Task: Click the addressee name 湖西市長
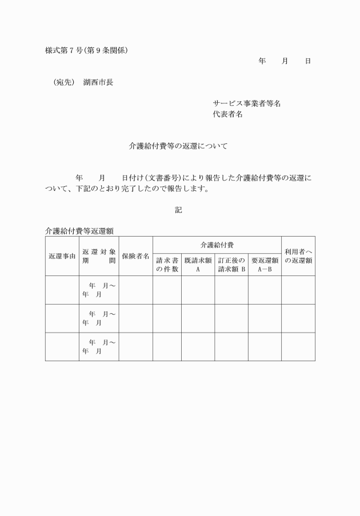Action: (98, 82)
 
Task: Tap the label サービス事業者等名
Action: (246, 103)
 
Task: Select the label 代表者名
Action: (227, 114)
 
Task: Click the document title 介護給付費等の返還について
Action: (178, 146)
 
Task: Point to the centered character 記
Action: (178, 210)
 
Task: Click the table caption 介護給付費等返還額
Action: (79, 231)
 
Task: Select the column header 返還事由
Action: (62, 256)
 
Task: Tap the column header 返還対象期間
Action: (99, 256)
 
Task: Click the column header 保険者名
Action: (135, 256)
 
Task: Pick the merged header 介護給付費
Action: (217, 245)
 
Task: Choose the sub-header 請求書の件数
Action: (167, 265)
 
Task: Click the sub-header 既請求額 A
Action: (198, 265)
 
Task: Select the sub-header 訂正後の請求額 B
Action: (231, 265)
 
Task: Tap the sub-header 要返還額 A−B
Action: (264, 265)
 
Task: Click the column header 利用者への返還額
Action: (298, 256)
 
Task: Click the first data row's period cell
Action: (99, 290)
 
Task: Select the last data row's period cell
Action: (99, 346)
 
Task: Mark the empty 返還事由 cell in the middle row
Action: (62, 318)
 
